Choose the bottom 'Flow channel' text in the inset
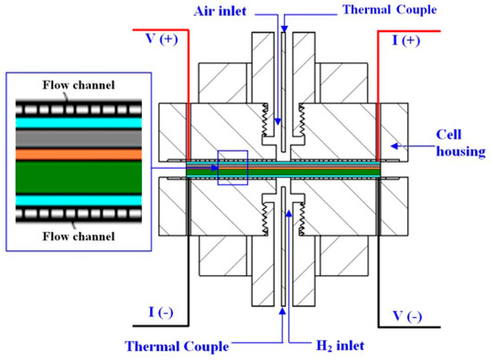[x=72, y=238]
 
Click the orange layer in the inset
[x=72, y=153]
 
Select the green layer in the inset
[x=72, y=174]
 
